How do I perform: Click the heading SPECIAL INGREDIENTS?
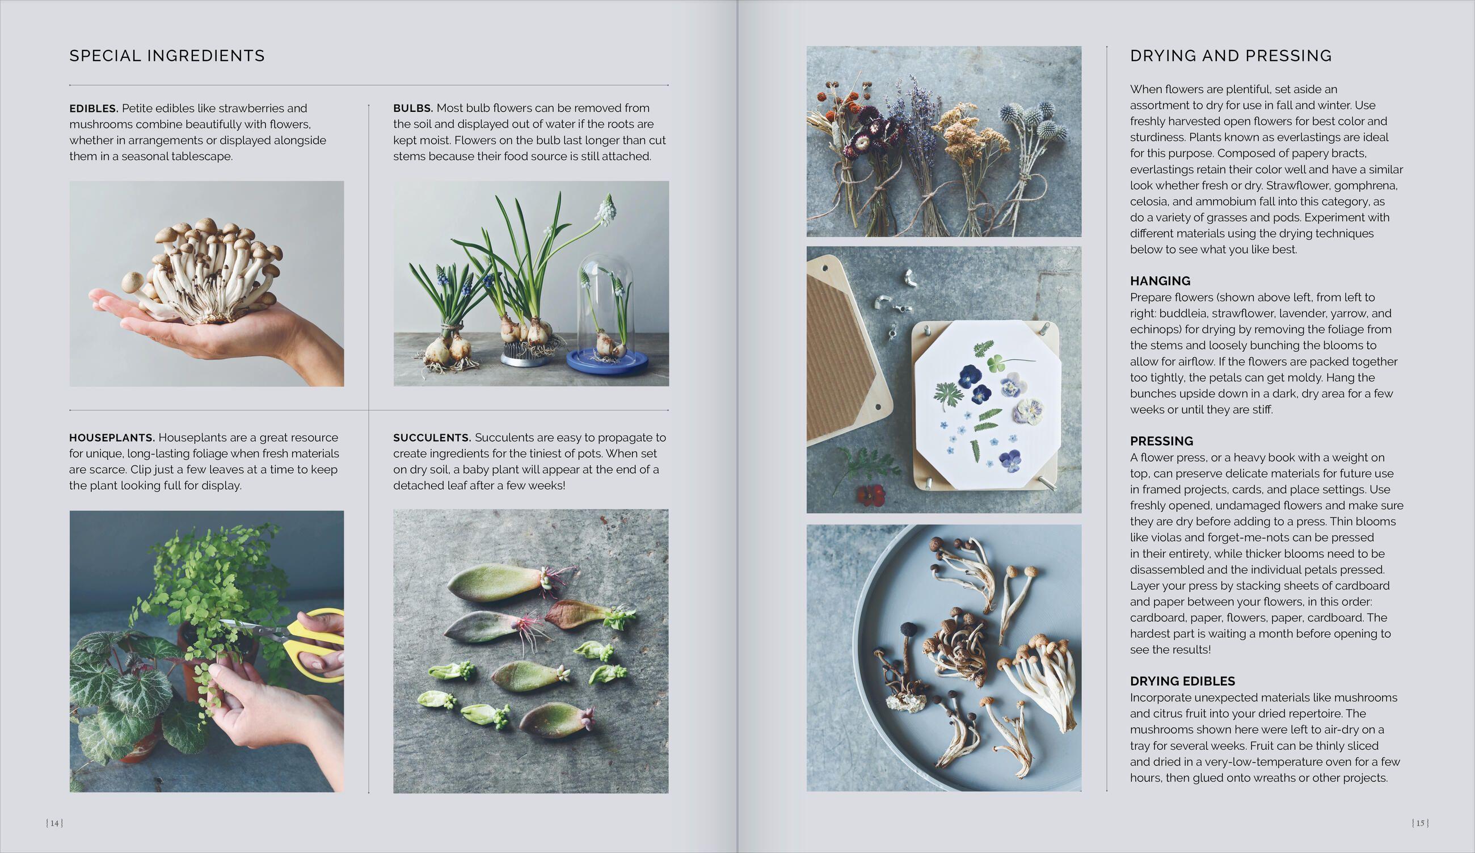click(x=167, y=56)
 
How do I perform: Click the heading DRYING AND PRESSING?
click(x=1230, y=56)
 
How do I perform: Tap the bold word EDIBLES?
click(x=94, y=108)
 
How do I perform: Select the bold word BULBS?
click(x=412, y=108)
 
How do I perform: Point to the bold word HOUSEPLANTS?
click(x=112, y=438)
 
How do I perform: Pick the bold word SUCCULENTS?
click(x=432, y=438)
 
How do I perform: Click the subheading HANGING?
click(x=1160, y=281)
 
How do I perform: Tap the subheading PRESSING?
click(x=1161, y=441)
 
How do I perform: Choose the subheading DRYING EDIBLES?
click(x=1182, y=681)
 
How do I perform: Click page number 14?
click(x=54, y=823)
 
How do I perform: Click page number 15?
click(x=1420, y=823)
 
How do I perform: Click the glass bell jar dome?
click(x=605, y=293)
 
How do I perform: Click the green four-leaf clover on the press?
click(x=996, y=364)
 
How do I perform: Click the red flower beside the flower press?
click(x=870, y=495)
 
